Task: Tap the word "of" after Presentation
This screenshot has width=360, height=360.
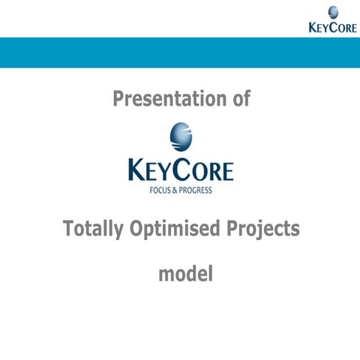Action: click(239, 98)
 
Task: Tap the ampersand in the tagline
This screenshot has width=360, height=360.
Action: click(178, 190)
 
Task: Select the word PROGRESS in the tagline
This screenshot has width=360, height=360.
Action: click(196, 190)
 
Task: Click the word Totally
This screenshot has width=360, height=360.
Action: click(91, 229)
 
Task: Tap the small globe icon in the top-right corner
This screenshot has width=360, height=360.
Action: click(332, 12)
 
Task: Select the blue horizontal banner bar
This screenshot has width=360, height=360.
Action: click(180, 52)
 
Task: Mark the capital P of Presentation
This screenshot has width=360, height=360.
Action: click(118, 98)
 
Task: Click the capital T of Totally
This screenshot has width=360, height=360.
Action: click(68, 228)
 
